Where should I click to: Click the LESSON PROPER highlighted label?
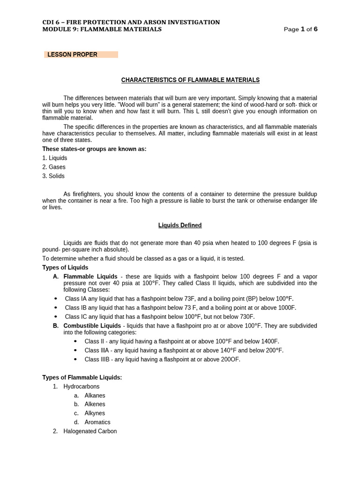72,54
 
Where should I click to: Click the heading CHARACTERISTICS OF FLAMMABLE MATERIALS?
190,80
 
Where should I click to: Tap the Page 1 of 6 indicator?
300,29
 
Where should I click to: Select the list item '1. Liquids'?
55,158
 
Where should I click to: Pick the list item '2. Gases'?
54,167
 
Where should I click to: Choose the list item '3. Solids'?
53,176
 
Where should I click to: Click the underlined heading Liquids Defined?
180,225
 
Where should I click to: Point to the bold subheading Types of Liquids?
65,268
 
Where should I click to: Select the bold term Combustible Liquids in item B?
92,326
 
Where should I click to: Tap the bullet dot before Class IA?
56,299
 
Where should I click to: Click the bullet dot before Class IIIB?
76,360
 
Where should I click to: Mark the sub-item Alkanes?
95,396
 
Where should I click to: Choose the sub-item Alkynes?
95,413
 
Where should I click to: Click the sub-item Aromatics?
97,422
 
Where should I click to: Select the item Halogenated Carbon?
90,431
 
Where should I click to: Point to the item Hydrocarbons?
82,387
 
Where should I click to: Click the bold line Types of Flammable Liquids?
82,377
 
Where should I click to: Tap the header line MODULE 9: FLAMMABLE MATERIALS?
102,29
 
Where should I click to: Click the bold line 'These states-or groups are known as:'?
94,149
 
